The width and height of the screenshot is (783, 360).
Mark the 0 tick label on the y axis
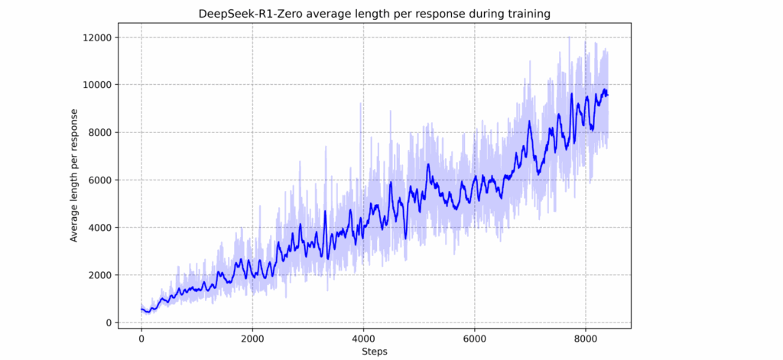pos(109,323)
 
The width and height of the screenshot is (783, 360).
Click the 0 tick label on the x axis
pos(141,337)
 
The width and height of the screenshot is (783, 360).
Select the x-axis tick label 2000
pos(252,337)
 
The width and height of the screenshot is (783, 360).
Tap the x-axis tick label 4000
pos(363,337)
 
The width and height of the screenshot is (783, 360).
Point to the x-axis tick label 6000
pos(474,337)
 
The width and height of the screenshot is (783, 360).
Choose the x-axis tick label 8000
pos(586,337)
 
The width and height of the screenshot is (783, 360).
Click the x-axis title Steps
pos(374,351)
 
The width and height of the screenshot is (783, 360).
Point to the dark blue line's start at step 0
pos(141,310)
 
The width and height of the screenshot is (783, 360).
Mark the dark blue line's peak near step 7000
pos(529,122)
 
